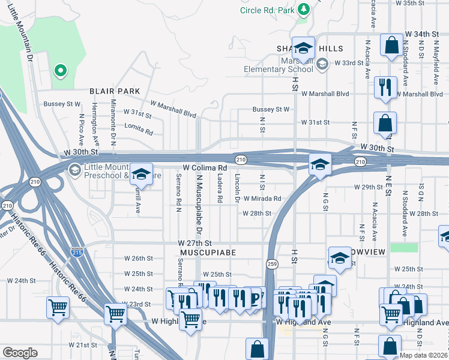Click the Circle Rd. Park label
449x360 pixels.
point(267,10)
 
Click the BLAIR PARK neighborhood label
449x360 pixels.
point(115,91)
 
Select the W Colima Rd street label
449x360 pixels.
point(204,167)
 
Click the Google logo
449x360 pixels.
point(19,353)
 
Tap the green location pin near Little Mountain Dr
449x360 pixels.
point(60,71)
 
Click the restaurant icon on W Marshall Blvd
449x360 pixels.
point(384,86)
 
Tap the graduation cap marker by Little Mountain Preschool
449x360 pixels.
point(140,175)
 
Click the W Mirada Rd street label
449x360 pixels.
point(261,199)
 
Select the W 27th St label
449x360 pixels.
point(195,243)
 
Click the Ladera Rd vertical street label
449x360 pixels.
point(220,188)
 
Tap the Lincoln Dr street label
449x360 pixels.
point(237,188)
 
